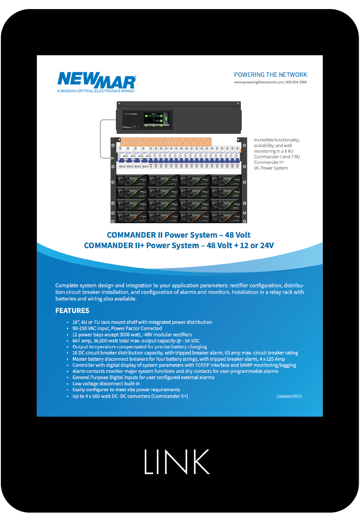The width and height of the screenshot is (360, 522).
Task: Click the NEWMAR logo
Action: tap(96, 80)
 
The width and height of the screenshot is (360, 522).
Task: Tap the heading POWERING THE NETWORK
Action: tap(270, 75)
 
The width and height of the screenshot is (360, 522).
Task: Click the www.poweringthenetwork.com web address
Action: tap(259, 82)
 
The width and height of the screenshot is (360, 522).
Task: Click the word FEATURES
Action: tap(72, 311)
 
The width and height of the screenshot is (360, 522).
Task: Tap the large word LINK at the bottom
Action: tap(177, 462)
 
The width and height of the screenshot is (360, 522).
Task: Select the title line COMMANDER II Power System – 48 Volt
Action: tap(179, 235)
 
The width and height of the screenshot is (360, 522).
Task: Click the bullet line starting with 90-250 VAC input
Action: tap(117, 328)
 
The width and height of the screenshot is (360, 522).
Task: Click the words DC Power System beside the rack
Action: tap(271, 168)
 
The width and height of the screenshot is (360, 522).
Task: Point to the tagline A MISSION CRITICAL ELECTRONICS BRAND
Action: tap(95, 91)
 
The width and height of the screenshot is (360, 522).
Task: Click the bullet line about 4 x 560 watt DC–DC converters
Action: tap(130, 396)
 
